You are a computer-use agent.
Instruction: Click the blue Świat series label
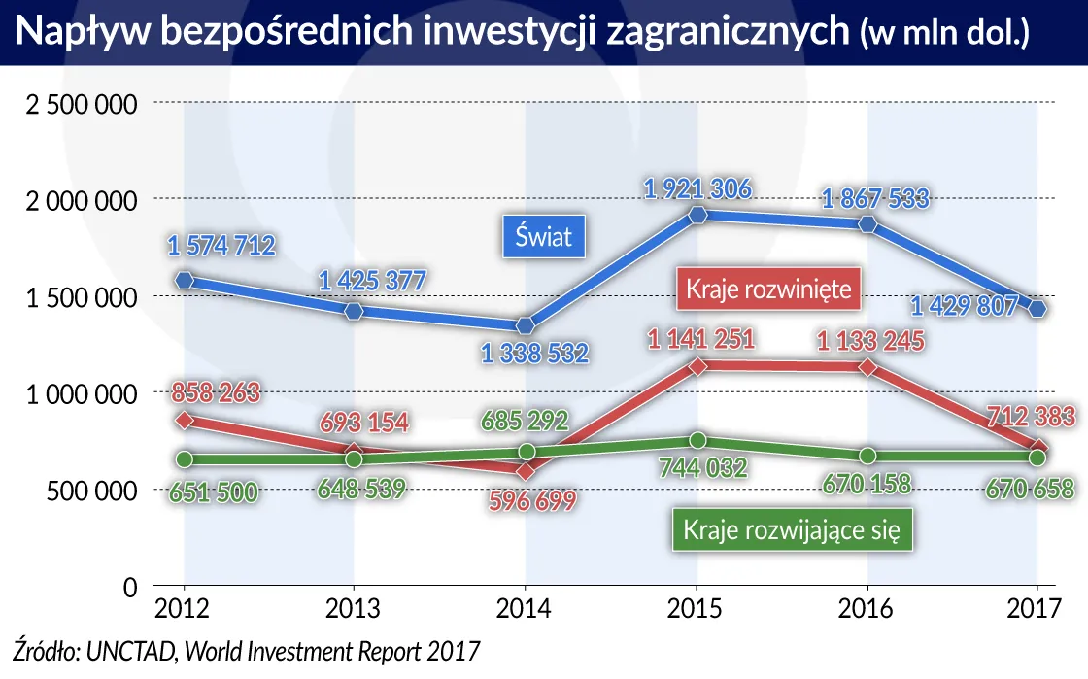545,237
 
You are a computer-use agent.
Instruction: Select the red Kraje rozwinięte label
768,289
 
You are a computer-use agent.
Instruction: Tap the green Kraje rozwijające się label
792,530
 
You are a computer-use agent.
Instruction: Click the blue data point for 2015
697,215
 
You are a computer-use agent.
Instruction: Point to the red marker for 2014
526,471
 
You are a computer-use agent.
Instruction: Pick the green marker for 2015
697,442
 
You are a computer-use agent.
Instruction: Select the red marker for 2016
867,368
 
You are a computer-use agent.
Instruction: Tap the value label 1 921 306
696,188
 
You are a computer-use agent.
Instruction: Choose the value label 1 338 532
535,353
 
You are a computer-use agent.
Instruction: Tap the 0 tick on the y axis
130,587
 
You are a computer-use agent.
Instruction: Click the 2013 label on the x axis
354,609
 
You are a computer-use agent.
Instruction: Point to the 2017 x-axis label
1037,609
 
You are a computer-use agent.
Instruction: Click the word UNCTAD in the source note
131,649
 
